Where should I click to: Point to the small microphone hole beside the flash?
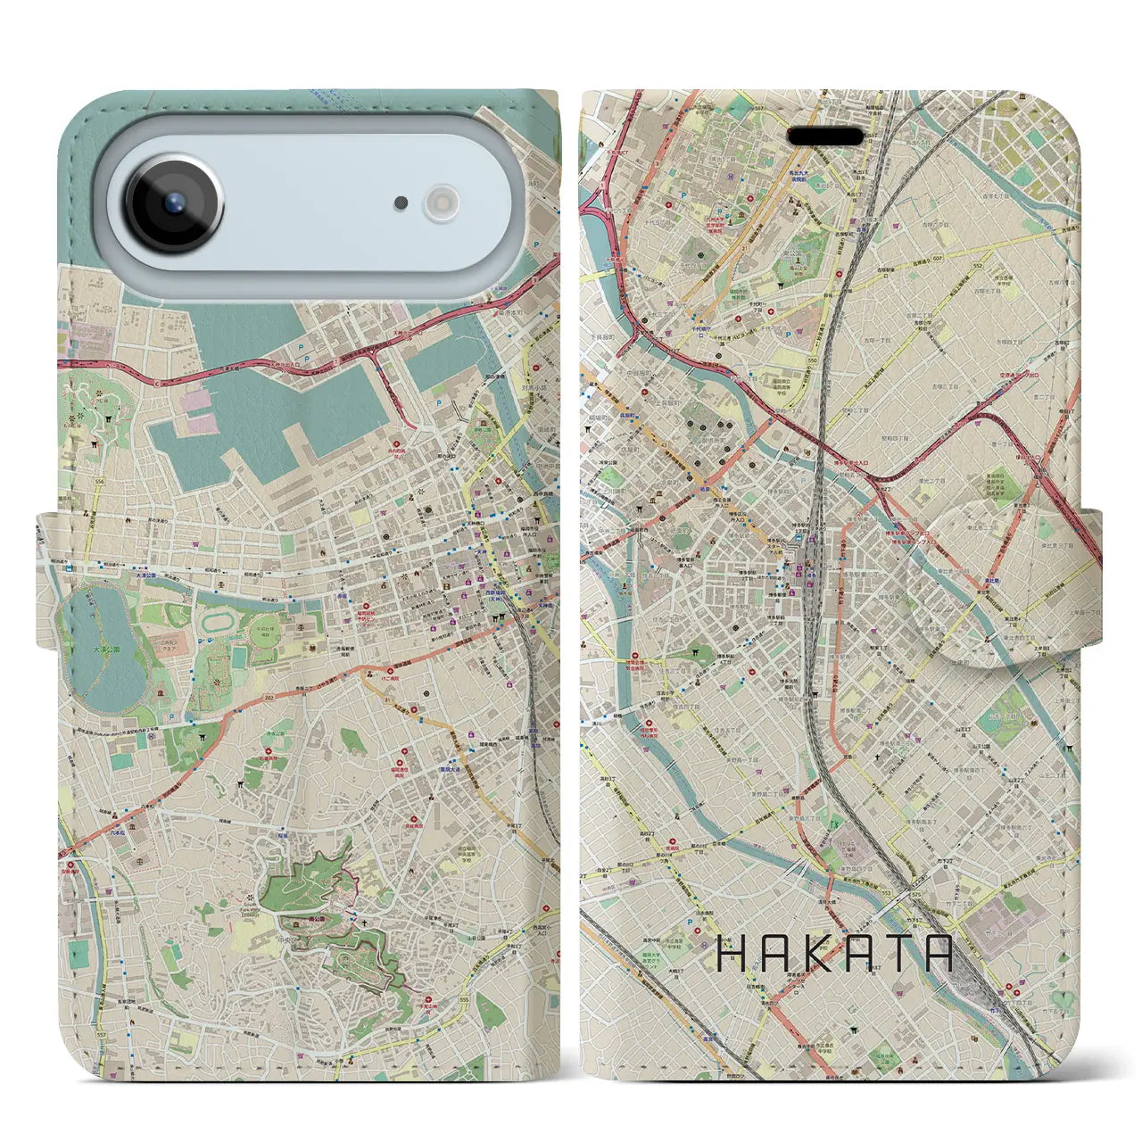401,203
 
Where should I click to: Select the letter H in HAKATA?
733,954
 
